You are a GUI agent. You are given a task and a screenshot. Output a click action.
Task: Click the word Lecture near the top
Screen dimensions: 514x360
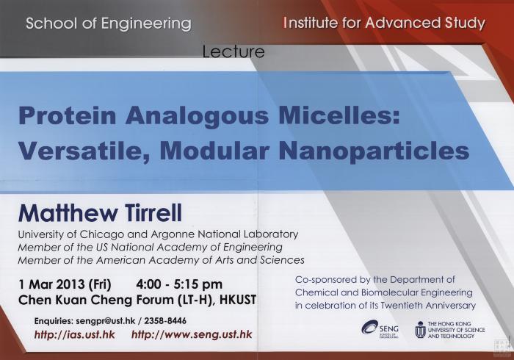point(234,52)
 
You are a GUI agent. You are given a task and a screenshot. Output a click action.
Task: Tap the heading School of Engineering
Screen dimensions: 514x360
point(109,24)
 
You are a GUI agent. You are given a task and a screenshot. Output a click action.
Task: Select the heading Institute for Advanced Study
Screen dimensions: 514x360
point(384,23)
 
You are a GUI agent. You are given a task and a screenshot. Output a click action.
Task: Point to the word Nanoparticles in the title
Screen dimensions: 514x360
point(374,151)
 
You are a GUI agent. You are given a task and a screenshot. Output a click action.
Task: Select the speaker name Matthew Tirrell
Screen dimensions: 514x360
point(100,213)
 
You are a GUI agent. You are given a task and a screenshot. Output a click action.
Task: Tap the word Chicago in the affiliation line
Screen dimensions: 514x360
point(102,235)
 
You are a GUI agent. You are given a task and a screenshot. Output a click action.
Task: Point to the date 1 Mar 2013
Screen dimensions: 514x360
point(52,284)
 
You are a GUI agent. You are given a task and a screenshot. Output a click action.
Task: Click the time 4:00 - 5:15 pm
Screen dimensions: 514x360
point(179,284)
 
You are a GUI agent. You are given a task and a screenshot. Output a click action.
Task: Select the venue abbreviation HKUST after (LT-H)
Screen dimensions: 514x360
point(238,300)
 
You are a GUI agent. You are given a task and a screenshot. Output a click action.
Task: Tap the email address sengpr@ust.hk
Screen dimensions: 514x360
point(106,320)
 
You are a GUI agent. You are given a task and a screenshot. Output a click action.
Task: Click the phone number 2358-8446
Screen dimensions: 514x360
point(165,320)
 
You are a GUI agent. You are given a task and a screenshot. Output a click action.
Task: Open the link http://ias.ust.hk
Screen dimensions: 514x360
point(75,335)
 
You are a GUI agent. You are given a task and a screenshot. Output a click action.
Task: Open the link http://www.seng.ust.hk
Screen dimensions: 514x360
point(192,334)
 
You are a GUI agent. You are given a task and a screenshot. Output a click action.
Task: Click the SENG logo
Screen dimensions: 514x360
point(380,328)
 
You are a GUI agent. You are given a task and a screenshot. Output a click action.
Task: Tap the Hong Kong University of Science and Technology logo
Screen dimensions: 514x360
point(449,329)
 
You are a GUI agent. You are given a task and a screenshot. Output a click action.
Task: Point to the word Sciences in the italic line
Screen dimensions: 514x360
point(282,260)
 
